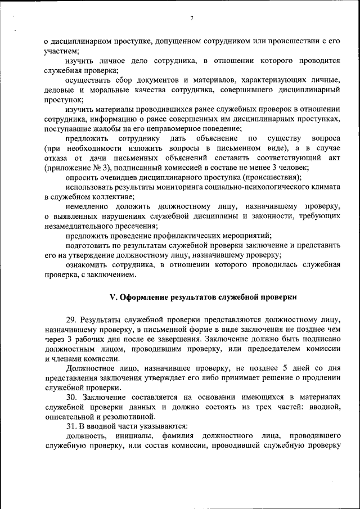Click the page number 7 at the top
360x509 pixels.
(x=191, y=19)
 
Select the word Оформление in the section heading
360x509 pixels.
(x=143, y=296)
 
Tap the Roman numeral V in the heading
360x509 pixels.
(x=111, y=296)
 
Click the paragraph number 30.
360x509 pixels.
(x=71, y=398)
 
